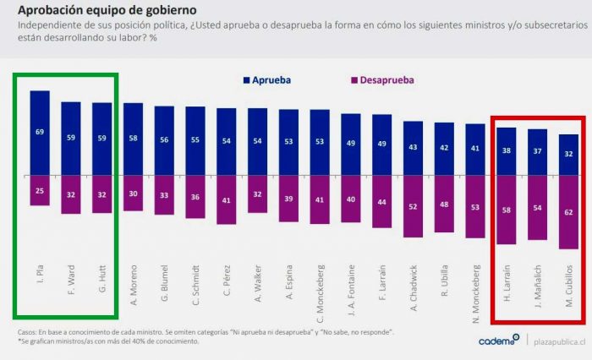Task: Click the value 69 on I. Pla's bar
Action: [40, 132]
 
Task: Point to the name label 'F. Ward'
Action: [71, 278]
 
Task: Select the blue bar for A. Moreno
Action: [133, 139]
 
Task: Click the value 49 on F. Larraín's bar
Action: [381, 145]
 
